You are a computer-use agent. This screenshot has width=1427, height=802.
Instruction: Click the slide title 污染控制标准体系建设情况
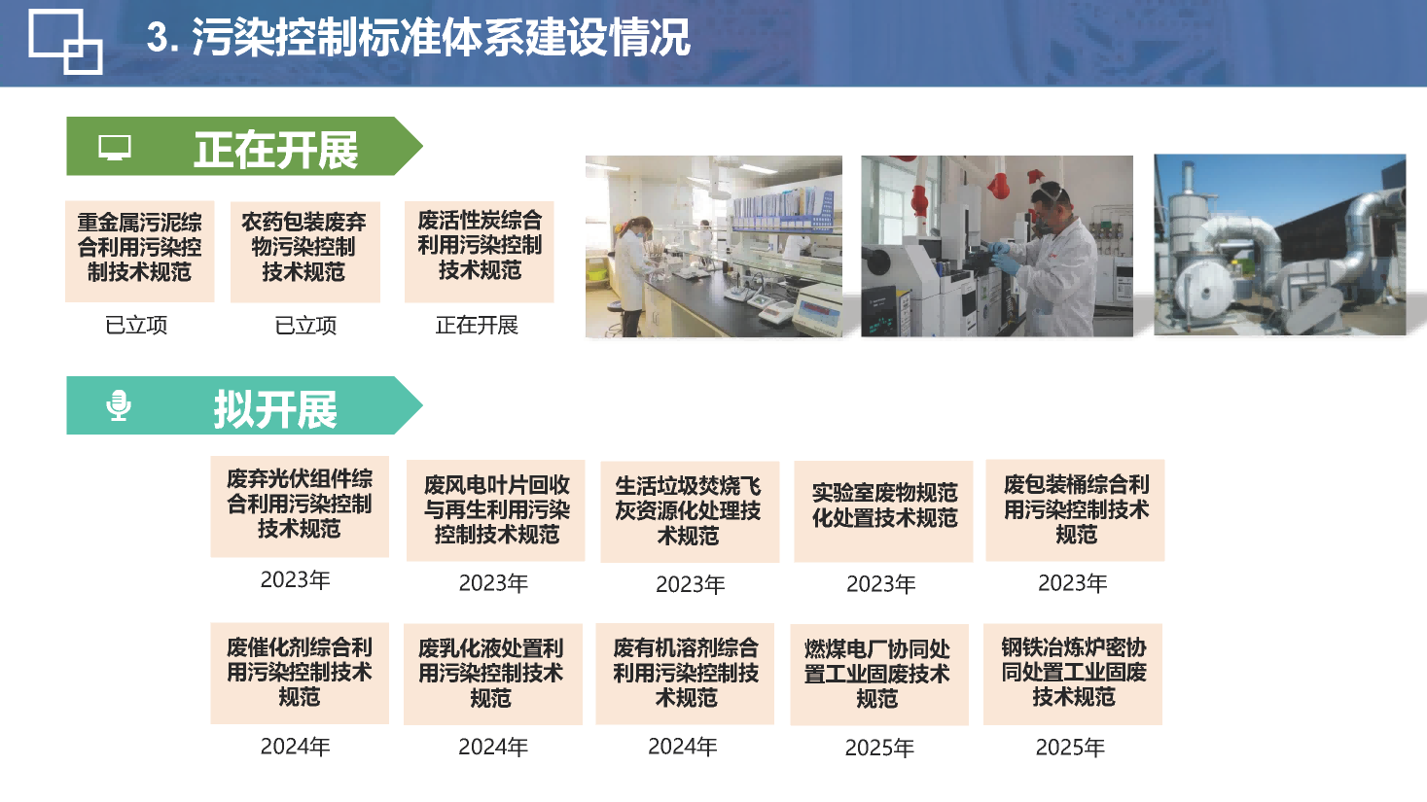tap(441, 37)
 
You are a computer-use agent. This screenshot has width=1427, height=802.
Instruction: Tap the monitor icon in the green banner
tap(115, 147)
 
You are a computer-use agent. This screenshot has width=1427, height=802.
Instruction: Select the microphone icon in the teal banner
tap(119, 405)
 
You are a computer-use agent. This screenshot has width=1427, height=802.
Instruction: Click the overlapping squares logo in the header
tap(65, 42)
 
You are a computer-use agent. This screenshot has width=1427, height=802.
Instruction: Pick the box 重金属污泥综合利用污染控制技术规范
tap(139, 252)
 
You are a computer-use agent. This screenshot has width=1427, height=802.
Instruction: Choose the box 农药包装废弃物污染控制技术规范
tap(305, 252)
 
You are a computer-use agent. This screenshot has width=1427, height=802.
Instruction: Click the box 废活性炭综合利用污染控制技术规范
tap(479, 252)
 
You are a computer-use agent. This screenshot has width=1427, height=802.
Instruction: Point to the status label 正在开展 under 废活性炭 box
tap(477, 326)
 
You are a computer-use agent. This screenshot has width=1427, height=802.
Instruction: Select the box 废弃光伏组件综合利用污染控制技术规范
tap(300, 506)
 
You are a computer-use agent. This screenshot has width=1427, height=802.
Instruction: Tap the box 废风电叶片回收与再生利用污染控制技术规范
tap(496, 510)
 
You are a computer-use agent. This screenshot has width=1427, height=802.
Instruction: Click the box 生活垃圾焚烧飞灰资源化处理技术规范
tap(690, 511)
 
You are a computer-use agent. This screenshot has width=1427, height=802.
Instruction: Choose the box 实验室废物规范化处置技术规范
tap(883, 511)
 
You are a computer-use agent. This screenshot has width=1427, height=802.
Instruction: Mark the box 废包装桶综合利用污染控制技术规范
tap(1075, 509)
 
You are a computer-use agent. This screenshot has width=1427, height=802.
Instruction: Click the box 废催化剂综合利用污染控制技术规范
tap(300, 674)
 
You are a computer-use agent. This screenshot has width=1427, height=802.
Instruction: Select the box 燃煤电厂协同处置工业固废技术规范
tap(879, 675)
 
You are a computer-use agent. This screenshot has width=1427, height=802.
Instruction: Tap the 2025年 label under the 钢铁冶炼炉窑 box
tap(1070, 748)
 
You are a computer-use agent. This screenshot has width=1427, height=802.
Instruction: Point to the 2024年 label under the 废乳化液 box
tap(493, 747)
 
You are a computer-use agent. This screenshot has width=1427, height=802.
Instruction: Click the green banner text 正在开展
tap(276, 151)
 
